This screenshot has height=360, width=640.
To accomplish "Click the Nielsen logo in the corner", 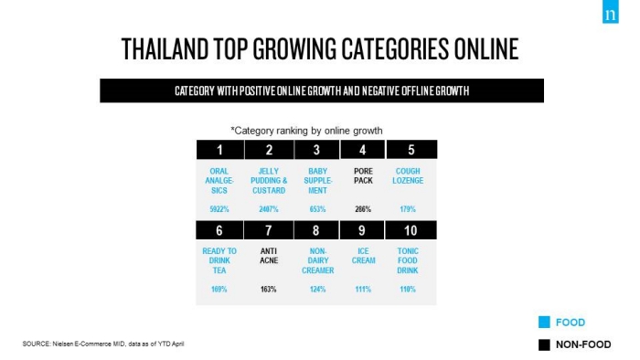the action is click(610, 11).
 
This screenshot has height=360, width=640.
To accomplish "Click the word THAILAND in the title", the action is click(165, 49).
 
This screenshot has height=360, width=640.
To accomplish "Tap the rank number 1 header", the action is click(220, 150).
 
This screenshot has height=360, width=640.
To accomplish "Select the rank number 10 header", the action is click(411, 230).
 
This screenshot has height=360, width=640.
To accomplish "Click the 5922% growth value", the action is click(219, 209).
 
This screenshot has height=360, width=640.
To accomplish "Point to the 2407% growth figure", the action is click(269, 209).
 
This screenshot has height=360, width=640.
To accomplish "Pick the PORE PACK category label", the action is click(363, 175).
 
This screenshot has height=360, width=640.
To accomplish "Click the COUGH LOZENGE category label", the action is click(408, 175).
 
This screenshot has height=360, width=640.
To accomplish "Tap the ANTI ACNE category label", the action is click(269, 256).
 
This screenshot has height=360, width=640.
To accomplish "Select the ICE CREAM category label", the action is click(363, 256).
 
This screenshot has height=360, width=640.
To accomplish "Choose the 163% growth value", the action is click(269, 289).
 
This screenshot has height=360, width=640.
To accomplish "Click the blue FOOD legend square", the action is click(544, 323).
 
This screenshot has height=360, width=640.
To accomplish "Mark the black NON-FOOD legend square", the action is click(544, 344).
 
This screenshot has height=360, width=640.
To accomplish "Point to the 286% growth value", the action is click(363, 209).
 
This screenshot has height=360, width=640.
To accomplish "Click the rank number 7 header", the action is click(269, 230).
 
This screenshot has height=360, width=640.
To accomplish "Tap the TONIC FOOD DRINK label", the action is click(408, 260).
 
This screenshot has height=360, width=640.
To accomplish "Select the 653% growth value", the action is click(317, 209).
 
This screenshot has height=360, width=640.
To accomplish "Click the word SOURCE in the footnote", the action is click(37, 344).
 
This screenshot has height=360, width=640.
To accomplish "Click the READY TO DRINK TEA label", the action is click(219, 260).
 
